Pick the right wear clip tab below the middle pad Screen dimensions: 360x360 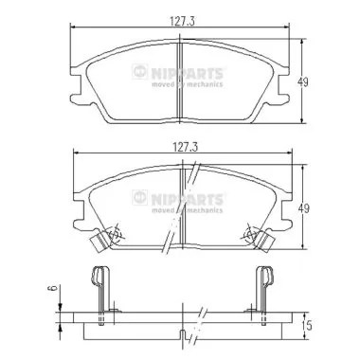(265, 245)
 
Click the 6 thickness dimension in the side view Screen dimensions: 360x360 (52, 292)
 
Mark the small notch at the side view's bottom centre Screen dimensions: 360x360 (180, 334)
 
